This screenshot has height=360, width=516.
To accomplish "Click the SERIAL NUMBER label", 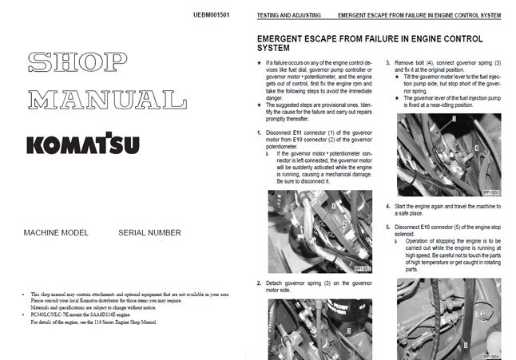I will coord(149,232).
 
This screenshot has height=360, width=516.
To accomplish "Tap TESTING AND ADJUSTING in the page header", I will coord(289,15).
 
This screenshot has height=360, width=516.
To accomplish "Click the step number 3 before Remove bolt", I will coord(388,61).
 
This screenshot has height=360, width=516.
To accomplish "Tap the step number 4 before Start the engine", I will coord(388,206).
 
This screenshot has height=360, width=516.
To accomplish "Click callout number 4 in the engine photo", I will coord(476,149).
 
